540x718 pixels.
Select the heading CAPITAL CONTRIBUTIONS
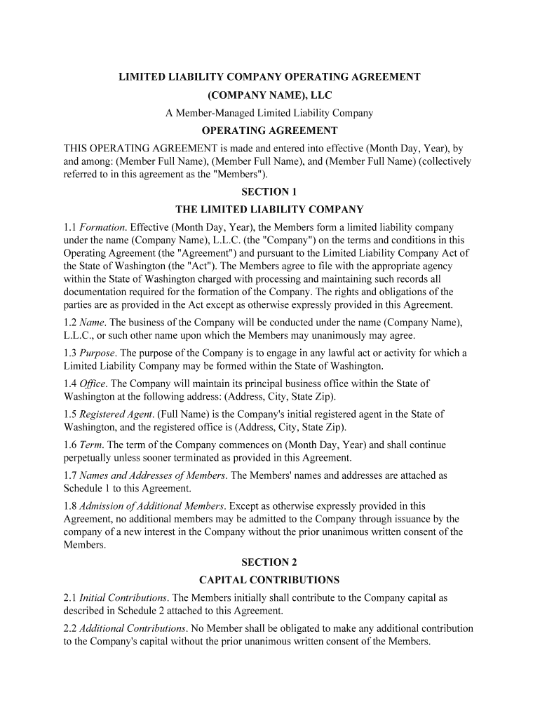[269, 580]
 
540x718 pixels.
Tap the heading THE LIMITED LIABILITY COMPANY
[269, 209]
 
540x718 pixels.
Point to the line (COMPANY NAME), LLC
[269, 94]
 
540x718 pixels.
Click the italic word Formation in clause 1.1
[102, 227]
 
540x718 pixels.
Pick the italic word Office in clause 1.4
[92, 384]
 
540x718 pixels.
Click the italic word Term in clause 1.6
[92, 445]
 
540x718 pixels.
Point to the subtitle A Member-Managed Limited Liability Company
[269, 112]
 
